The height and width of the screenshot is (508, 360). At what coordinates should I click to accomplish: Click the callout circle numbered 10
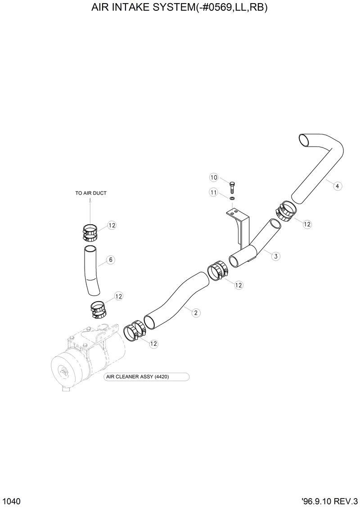[214, 178]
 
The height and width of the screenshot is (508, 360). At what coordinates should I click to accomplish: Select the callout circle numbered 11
[214, 192]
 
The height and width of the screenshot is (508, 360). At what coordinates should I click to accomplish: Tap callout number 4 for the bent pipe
[337, 185]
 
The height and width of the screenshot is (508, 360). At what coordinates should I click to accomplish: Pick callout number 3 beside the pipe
[276, 256]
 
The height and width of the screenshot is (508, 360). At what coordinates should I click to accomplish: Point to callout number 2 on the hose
[196, 313]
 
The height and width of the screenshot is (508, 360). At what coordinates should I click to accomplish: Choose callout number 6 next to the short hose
[110, 259]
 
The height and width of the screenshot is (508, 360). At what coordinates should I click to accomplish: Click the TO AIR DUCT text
[91, 193]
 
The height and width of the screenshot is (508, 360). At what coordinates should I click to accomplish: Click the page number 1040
[11, 500]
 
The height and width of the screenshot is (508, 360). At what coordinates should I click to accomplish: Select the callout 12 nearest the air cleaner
[153, 343]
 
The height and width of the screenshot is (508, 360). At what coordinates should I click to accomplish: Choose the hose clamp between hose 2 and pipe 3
[217, 271]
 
